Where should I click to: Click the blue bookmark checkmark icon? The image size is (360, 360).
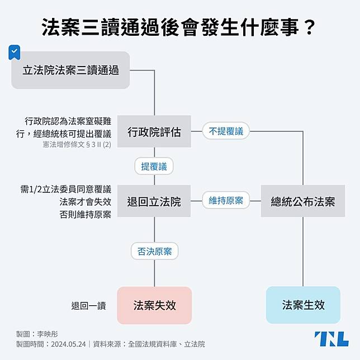(x=14, y=53)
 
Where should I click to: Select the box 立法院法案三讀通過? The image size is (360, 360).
(x=70, y=70)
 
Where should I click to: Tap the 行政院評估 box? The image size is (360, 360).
(x=154, y=131)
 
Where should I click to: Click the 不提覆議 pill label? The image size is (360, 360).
(x=226, y=131)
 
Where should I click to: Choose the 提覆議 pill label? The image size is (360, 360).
(x=154, y=166)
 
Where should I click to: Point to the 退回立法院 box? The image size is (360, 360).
(x=154, y=201)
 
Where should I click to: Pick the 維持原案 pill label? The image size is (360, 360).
(x=226, y=200)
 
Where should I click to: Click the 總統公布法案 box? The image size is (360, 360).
(x=303, y=201)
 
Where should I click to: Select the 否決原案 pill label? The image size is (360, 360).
(x=154, y=251)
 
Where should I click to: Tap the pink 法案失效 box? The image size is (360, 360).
(x=154, y=305)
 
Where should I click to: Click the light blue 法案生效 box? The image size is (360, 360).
(x=303, y=305)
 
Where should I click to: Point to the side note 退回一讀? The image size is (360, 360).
(x=89, y=306)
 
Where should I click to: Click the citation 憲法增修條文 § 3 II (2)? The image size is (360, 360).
(x=77, y=144)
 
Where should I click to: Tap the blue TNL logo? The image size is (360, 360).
(x=331, y=339)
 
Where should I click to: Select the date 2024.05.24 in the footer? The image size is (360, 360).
(x=68, y=344)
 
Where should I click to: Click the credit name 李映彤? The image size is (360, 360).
(x=48, y=334)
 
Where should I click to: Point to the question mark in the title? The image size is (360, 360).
(x=310, y=27)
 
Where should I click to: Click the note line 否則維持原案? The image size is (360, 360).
(x=86, y=215)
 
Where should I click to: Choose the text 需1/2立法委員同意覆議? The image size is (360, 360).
(x=66, y=189)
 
